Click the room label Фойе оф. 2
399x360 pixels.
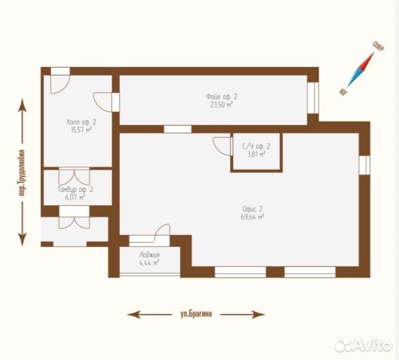click(222, 97)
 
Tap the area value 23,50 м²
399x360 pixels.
click(222, 105)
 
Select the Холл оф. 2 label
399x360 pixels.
click(81, 122)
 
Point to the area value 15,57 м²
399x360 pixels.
click(81, 130)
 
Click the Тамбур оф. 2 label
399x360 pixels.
click(75, 190)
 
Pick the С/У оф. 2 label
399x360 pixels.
click(257, 146)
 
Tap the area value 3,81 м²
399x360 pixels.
click(257, 154)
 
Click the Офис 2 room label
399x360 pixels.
click(252, 209)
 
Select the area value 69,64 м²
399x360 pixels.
click(252, 217)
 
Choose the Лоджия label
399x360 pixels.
click(149, 255)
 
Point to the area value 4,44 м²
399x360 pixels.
click(149, 263)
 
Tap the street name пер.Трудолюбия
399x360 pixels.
click(22, 173)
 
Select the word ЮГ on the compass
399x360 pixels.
click(343, 92)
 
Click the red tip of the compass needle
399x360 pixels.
click(374, 53)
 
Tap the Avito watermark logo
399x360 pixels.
click(363, 345)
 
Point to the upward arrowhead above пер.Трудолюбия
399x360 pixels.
click(23, 106)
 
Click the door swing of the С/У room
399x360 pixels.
click(222, 146)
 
